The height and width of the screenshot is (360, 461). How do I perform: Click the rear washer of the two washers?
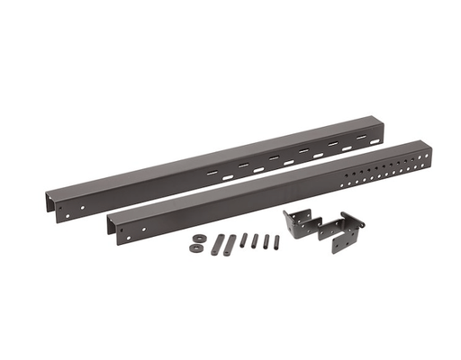(x=197, y=238)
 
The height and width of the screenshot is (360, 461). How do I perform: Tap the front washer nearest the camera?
(x=195, y=247)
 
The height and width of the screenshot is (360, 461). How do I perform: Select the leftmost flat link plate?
(x=219, y=245)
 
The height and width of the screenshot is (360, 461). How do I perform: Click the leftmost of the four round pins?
(x=243, y=240)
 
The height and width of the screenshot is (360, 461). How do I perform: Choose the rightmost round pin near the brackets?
(x=276, y=242)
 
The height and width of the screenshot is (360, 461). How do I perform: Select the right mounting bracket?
(x=342, y=233)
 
